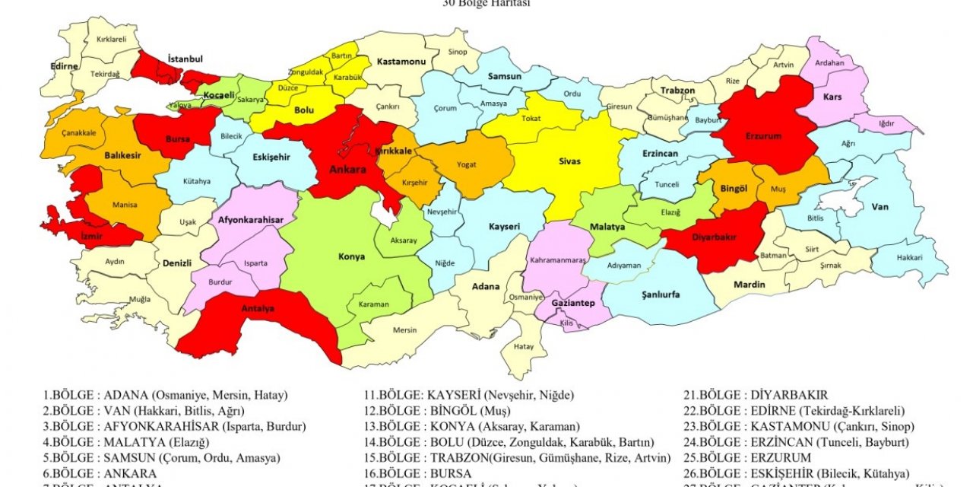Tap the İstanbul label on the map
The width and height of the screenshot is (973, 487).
[x=185, y=59]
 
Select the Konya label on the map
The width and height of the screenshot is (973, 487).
[x=351, y=256]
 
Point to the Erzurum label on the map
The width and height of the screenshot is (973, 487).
[x=763, y=136]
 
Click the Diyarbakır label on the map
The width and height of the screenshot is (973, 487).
[x=714, y=237]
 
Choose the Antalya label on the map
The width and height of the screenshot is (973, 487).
[x=258, y=308]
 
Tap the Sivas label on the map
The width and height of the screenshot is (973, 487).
[x=569, y=161]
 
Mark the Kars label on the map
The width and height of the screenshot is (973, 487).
[x=832, y=97]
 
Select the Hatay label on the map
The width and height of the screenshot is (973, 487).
[x=524, y=345]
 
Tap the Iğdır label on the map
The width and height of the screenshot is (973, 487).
[x=886, y=122]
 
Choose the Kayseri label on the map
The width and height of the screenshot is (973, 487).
[x=504, y=227]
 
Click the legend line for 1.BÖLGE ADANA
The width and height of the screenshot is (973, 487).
[x=165, y=396]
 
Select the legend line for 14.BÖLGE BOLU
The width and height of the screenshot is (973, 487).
[x=509, y=442]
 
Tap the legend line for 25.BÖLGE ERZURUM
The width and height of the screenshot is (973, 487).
[x=747, y=457]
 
